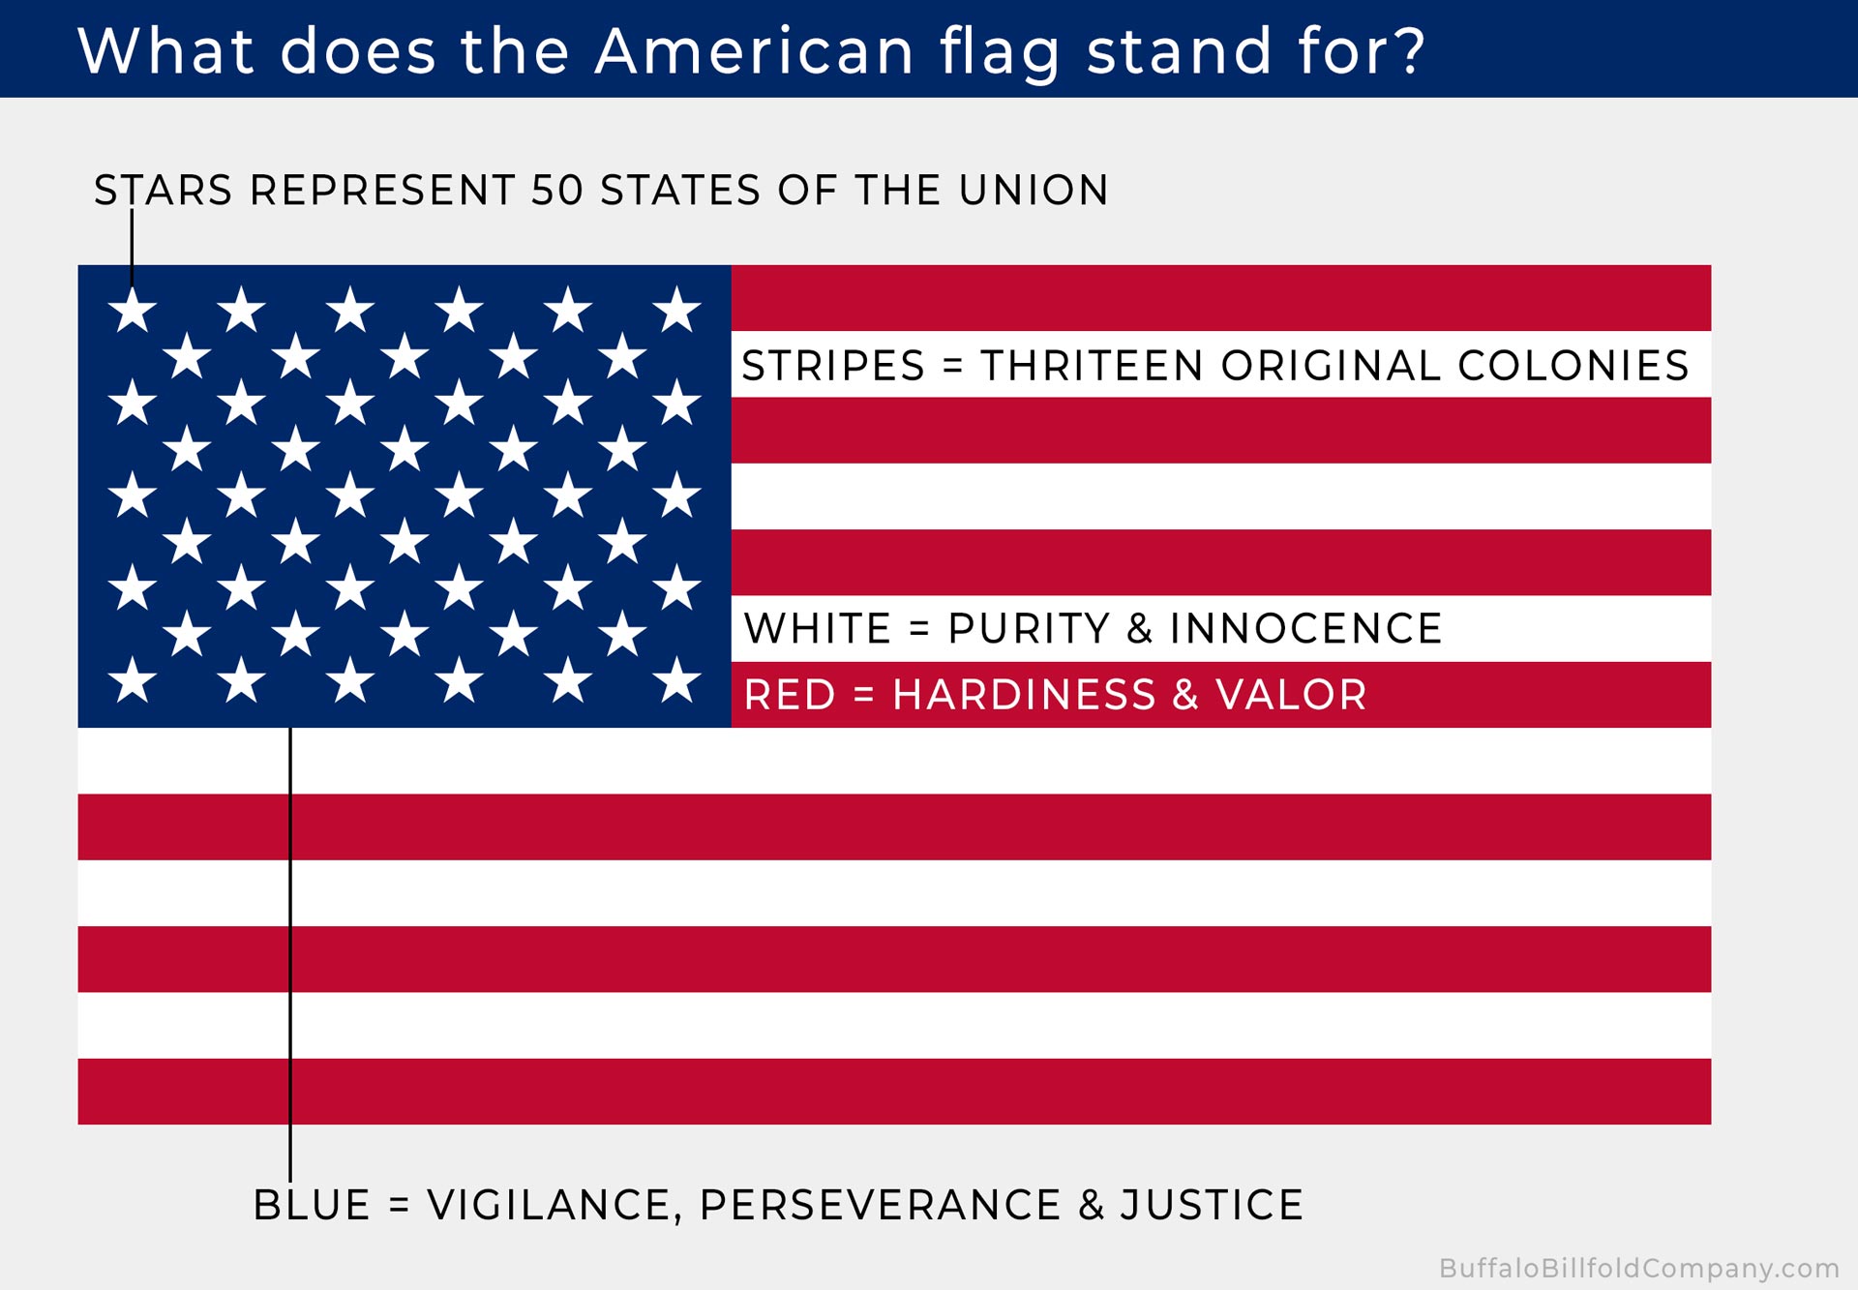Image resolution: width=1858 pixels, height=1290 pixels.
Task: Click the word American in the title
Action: click(x=755, y=50)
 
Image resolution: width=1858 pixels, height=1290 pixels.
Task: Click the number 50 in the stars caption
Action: click(x=557, y=190)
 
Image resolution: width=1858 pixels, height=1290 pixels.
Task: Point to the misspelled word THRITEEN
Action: click(x=1093, y=366)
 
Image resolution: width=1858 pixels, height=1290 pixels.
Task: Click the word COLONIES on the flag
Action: click(x=1573, y=366)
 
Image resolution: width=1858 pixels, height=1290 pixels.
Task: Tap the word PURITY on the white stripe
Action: click(x=1030, y=628)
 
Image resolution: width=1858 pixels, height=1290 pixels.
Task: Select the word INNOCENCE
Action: click(x=1306, y=628)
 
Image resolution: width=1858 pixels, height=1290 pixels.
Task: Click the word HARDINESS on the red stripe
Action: click(x=1024, y=695)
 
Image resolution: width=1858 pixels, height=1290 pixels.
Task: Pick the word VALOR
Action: click(x=1291, y=695)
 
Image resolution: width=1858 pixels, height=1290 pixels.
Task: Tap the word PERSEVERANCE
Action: click(x=881, y=1205)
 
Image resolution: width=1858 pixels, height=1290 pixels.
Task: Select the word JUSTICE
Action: click(x=1213, y=1205)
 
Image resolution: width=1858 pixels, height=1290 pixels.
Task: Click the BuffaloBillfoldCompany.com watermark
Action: click(x=1639, y=1268)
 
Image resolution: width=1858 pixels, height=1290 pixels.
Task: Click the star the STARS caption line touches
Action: click(x=133, y=310)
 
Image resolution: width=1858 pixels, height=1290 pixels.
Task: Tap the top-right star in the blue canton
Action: click(x=676, y=310)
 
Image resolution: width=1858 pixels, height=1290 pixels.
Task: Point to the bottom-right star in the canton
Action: click(x=676, y=679)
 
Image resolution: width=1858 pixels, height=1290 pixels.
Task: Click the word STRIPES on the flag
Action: click(x=834, y=366)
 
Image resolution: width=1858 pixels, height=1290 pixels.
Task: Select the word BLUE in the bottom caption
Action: click(x=312, y=1205)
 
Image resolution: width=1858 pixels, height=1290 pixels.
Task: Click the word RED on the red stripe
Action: click(x=790, y=695)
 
